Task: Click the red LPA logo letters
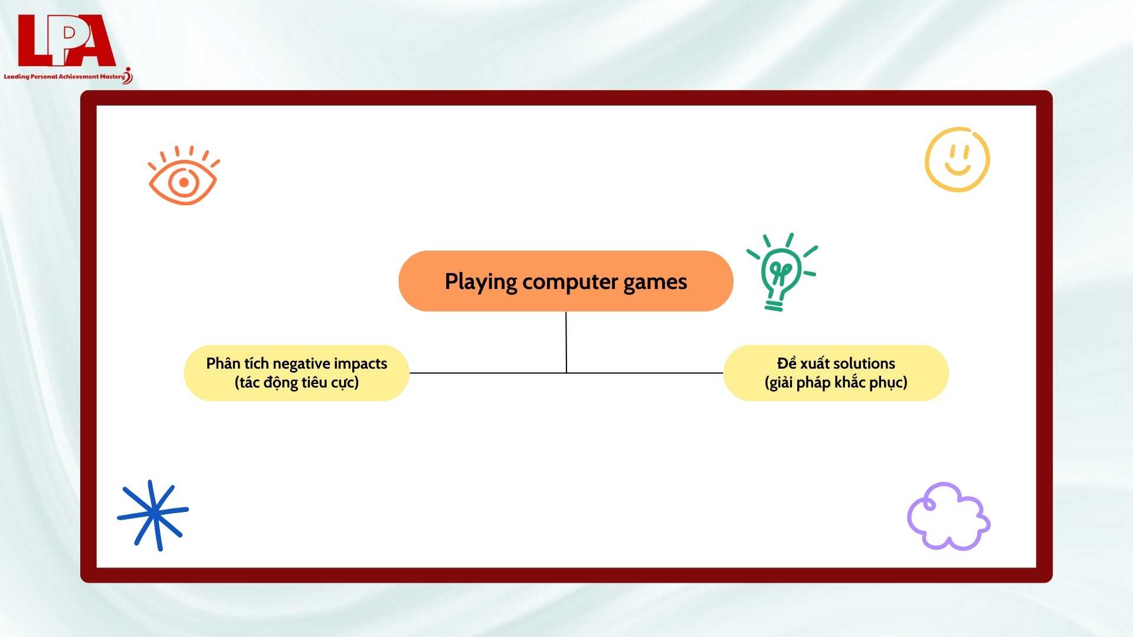[x=66, y=40]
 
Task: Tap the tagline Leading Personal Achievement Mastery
[x=64, y=77]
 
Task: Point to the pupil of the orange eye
[x=184, y=183]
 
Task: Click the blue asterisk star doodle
[x=153, y=514]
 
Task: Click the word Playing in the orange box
[x=481, y=283]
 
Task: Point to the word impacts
[x=360, y=364]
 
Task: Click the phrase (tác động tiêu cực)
[x=297, y=383]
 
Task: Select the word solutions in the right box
[x=865, y=363]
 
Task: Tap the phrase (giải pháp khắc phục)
[x=836, y=383]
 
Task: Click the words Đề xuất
[x=803, y=363]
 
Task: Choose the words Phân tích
[x=237, y=363]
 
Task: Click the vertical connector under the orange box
[x=566, y=342]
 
